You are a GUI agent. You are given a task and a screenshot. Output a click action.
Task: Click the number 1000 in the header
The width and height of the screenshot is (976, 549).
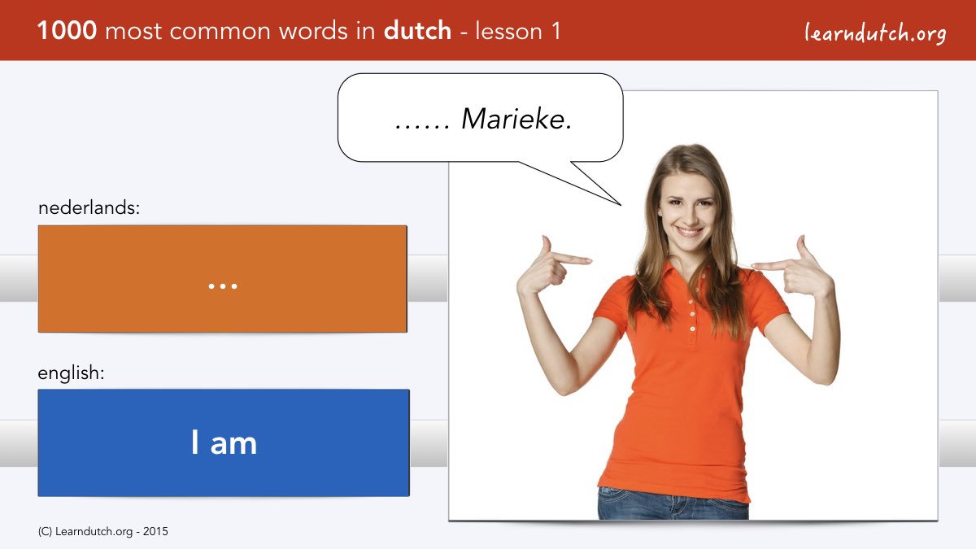click(67, 31)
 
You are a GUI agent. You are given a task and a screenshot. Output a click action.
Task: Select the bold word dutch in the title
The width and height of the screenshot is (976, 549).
click(417, 30)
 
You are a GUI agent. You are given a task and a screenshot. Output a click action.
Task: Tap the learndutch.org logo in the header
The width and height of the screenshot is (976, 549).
click(875, 33)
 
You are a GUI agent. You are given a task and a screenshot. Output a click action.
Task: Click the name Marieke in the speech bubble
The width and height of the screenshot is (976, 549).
click(516, 119)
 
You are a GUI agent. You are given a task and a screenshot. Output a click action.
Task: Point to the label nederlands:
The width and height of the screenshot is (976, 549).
click(89, 207)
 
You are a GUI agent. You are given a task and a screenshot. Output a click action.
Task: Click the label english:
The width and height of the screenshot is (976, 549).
click(71, 373)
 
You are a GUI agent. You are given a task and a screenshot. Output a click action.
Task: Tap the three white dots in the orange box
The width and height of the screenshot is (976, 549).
click(223, 286)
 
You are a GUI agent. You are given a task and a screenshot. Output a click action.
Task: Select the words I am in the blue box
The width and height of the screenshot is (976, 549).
click(224, 442)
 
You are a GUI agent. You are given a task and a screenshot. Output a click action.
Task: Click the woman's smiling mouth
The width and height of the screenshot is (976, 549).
click(688, 231)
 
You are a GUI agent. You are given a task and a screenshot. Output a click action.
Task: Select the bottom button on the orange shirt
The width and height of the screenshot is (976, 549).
click(692, 339)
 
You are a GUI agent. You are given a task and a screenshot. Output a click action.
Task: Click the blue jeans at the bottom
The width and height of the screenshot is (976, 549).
click(673, 504)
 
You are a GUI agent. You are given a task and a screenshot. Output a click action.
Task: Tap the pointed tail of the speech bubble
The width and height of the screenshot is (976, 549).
click(620, 204)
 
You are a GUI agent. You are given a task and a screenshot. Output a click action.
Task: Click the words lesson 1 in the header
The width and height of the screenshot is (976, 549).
click(517, 31)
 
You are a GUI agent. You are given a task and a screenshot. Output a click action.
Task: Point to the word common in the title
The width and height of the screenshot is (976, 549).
click(220, 32)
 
